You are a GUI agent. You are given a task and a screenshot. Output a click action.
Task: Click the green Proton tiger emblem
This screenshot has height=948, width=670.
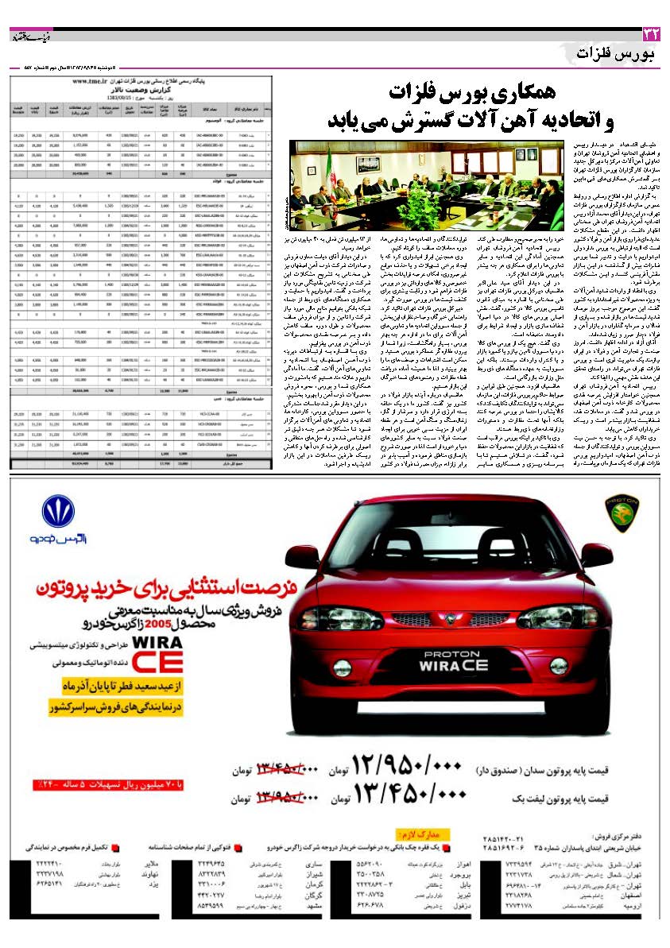pyautogui.click(x=622, y=513)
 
